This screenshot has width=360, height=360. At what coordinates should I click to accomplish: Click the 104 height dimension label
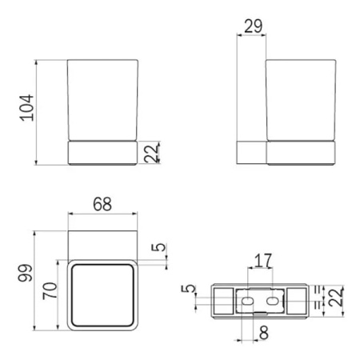pos(27,107)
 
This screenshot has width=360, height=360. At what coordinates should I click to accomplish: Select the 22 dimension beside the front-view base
pos(151,153)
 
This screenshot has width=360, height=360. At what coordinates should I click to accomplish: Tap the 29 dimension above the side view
pos(253,26)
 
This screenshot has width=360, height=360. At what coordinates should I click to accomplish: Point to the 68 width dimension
pos(102,204)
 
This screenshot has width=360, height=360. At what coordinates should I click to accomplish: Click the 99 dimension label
pos(25,273)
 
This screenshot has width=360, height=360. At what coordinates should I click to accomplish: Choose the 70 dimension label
pos(50,290)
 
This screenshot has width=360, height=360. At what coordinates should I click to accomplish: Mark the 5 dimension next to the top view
pos(158,247)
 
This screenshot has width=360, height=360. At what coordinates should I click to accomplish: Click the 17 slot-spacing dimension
pos(263,261)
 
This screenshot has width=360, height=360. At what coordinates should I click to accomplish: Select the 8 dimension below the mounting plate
pos(263,333)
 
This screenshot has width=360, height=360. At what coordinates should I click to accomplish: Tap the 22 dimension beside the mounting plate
pos(336,297)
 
